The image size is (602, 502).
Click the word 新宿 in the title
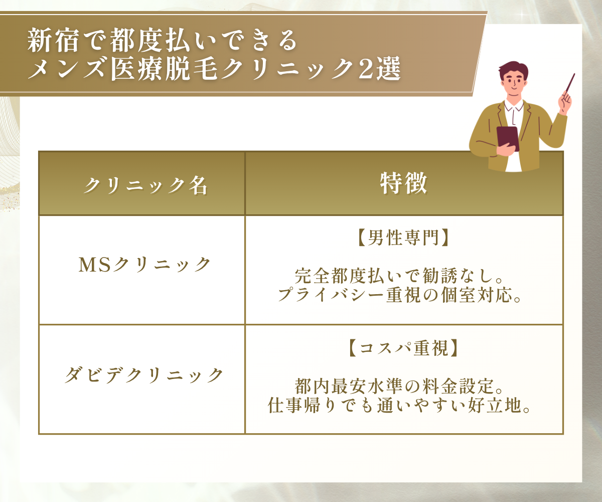(x=53, y=40)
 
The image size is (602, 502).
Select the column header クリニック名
(x=145, y=186)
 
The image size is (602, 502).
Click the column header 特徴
(x=403, y=184)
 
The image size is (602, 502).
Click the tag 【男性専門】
(x=403, y=238)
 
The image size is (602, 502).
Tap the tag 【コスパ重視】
(x=403, y=348)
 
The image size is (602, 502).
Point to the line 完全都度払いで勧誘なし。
(x=399, y=276)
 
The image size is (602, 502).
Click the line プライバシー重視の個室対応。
(x=400, y=295)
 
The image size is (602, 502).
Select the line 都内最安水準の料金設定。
(x=399, y=387)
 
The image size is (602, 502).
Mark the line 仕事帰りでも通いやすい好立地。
(x=399, y=405)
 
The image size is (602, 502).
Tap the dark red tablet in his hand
(x=507, y=139)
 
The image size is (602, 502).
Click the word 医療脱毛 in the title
(x=164, y=69)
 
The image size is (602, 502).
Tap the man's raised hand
(x=565, y=102)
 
